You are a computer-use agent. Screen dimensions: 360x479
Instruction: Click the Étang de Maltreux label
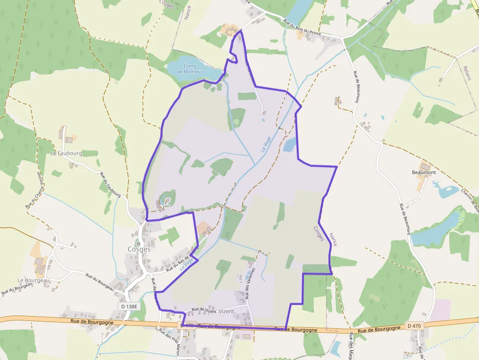point(190,69)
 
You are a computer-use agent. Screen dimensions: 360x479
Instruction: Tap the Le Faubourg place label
point(66,153)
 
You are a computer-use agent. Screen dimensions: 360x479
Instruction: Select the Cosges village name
point(139,249)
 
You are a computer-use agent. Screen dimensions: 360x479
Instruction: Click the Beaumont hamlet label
point(423,172)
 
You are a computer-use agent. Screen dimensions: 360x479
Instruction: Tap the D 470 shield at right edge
point(414,325)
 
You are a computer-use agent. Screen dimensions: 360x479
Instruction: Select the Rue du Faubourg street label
point(110,185)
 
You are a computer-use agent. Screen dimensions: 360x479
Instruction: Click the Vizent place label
point(226,311)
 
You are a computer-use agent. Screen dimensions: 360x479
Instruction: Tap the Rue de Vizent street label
point(203,309)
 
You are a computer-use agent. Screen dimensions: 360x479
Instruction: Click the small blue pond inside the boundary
point(290,145)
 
